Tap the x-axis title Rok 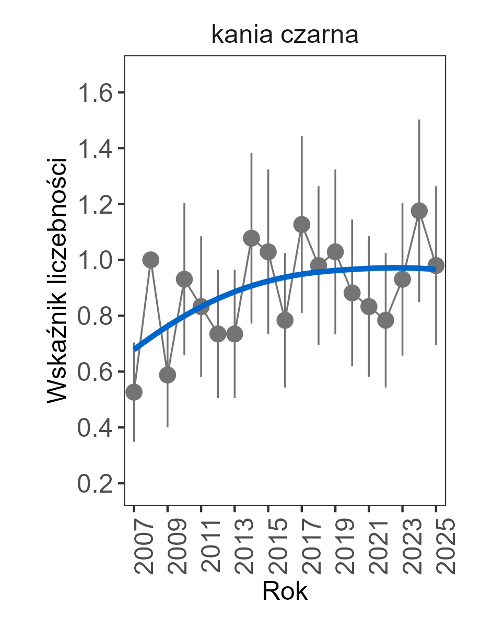point(285,591)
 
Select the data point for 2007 point(134,392)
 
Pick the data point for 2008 point(151,260)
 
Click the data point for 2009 point(168,375)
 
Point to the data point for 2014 point(252,239)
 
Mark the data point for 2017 point(302,225)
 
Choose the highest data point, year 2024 point(419,211)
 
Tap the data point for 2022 point(385,320)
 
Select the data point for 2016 point(285,320)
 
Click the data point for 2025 point(436,265)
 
